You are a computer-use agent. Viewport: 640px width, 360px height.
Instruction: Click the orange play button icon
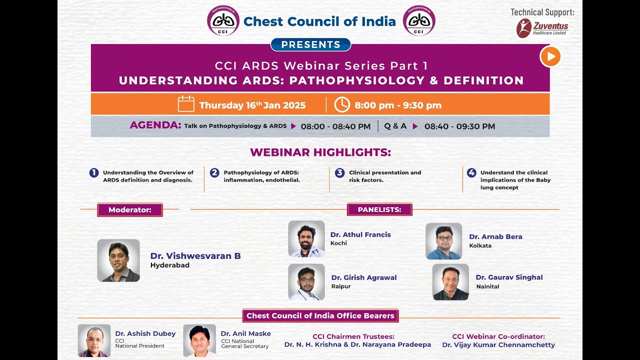[550, 56]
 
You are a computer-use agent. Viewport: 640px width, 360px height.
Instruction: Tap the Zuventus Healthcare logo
[542, 28]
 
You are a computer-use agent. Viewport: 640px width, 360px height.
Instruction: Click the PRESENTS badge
[310, 44]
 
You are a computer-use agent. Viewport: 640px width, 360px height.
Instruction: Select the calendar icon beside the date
[186, 104]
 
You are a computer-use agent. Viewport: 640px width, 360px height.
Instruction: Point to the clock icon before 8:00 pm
[342, 104]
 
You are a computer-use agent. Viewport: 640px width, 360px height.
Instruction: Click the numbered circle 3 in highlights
[339, 172]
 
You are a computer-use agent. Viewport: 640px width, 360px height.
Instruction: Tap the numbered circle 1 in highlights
[94, 172]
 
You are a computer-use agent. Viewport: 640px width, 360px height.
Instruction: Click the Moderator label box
[129, 209]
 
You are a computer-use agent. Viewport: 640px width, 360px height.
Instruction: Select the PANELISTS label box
[379, 209]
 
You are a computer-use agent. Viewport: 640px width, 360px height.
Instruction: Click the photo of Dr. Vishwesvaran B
[118, 260]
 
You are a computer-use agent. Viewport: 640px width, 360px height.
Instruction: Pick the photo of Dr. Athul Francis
[306, 239]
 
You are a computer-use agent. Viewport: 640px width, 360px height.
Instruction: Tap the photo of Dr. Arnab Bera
[443, 241]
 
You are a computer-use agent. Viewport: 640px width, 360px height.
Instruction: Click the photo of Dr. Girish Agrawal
[306, 282]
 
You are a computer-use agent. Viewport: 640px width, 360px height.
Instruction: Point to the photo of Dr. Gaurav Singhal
[450, 282]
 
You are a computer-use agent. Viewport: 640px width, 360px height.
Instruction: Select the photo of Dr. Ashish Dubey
[94, 340]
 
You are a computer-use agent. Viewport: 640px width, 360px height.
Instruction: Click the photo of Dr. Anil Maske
[199, 340]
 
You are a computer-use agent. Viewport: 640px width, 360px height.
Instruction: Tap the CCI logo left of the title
[223, 20]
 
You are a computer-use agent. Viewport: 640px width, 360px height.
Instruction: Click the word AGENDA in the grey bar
[155, 125]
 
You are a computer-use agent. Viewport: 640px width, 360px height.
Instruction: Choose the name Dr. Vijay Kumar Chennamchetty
[498, 345]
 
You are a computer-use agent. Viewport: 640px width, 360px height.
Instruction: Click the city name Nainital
[487, 286]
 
